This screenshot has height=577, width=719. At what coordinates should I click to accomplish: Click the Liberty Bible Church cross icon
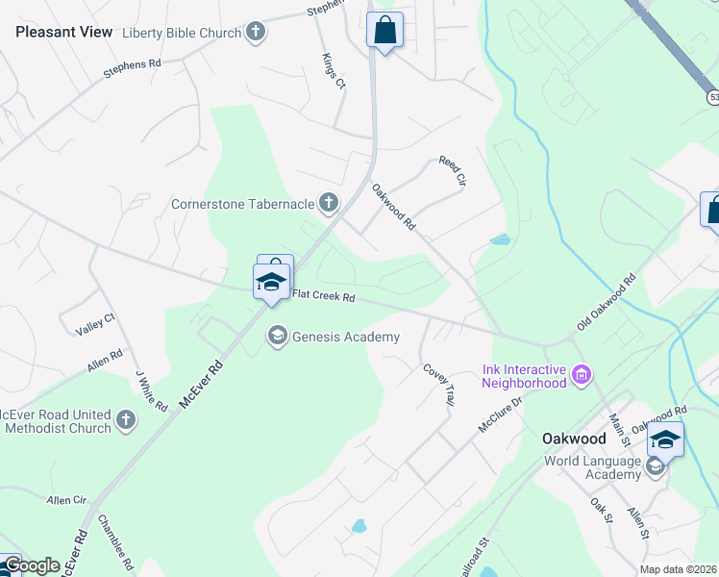click(x=255, y=33)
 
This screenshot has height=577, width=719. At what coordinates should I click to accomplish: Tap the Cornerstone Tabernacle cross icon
click(x=329, y=203)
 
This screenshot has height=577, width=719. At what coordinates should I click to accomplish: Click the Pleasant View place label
click(x=63, y=32)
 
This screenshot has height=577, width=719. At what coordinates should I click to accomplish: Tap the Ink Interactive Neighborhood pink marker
click(x=581, y=374)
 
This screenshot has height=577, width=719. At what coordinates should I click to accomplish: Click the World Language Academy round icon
click(x=655, y=466)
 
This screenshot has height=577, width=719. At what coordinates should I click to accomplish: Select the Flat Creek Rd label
click(x=324, y=297)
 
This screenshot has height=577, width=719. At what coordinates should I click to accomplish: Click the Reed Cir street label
click(x=452, y=171)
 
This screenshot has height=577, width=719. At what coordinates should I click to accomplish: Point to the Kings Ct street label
click(x=334, y=71)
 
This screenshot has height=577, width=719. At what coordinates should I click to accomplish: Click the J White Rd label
click(x=151, y=391)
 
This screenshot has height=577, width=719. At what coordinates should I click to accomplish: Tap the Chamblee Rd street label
click(x=115, y=542)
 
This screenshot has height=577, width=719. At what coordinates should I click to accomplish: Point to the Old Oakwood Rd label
click(x=607, y=303)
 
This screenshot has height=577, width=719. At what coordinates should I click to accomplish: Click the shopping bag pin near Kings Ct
click(x=384, y=31)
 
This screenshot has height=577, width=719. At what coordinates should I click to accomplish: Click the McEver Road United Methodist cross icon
click(x=126, y=419)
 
